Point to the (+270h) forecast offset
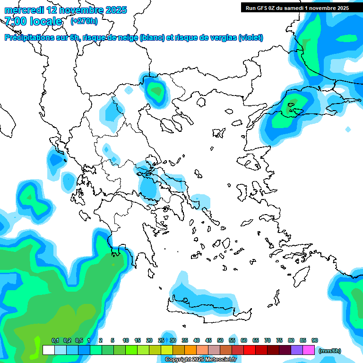click(84, 21)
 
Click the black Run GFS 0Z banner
click(297, 8)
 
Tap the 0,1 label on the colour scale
click(55, 341)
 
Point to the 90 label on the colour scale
click(315, 341)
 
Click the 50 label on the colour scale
click(220, 341)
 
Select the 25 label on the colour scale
click(161, 341)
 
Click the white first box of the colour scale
click(49, 350)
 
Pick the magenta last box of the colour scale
click(309, 350)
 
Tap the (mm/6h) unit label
click(330, 351)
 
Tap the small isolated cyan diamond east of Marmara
click(348, 129)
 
